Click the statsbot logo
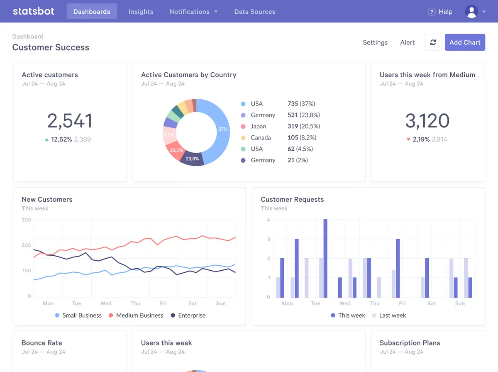pos(33,11)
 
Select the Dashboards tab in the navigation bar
pos(92,12)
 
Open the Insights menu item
pos(141,12)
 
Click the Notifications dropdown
pos(193,12)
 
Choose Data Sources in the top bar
pos(254,12)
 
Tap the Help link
pos(440,12)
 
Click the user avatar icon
pos(471,12)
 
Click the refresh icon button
pos(433,42)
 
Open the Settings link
pos(375,42)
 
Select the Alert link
pos(407,42)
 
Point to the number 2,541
pos(69,121)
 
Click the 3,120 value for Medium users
pos(427,121)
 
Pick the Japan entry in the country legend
pos(258,126)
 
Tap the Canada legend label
pos(260,137)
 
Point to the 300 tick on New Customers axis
pos(26,220)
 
